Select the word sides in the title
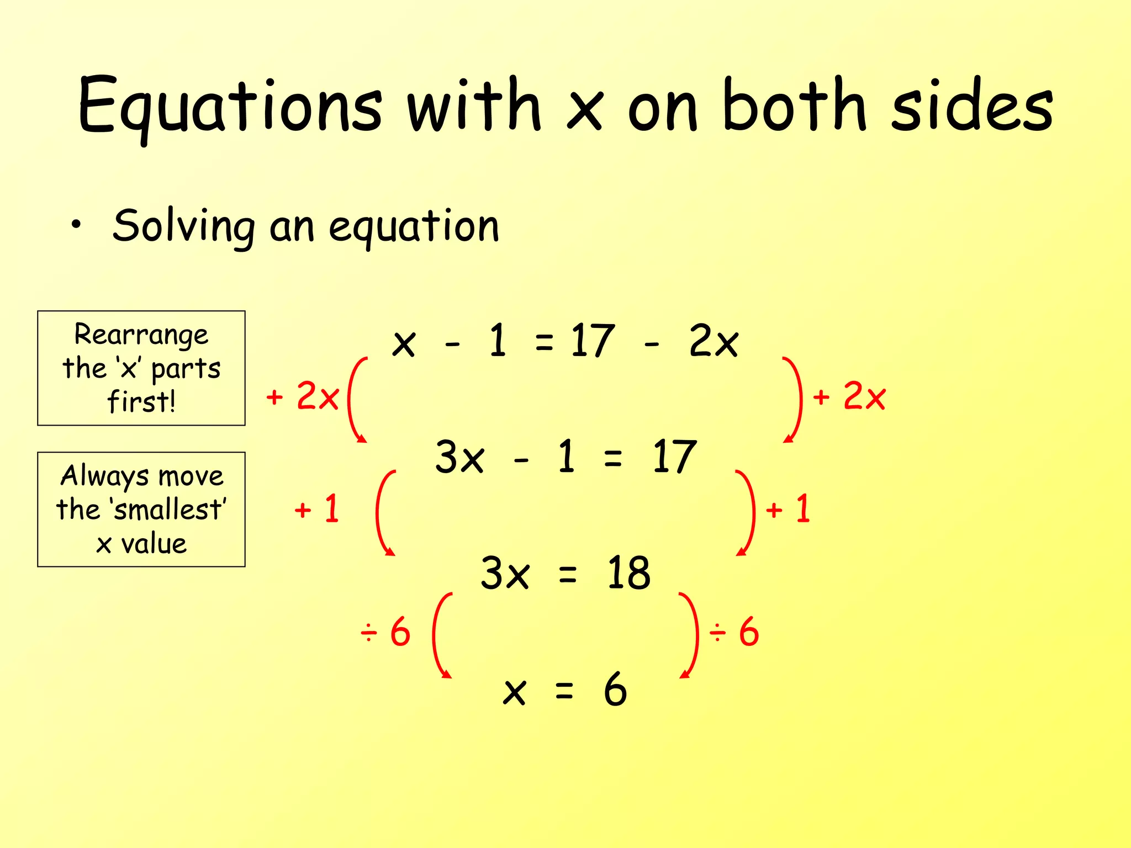coord(972,105)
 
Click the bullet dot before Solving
coord(76,225)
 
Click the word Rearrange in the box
coord(141,335)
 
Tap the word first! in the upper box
coord(141,401)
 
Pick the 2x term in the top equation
coord(714,341)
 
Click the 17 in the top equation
coord(592,341)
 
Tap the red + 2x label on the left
coord(303,396)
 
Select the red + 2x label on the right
coord(849,396)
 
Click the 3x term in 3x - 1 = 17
coord(459,457)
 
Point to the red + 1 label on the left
coord(317,509)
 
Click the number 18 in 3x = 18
coord(628,573)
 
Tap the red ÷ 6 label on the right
coord(734,632)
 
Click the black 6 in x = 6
coord(615,690)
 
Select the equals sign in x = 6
coord(564,690)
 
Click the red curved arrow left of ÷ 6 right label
coord(690,635)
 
